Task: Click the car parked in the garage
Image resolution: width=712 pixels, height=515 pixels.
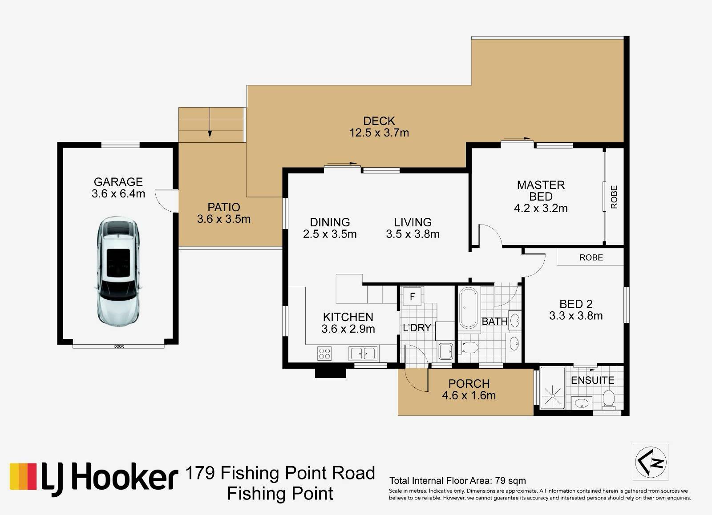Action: click(x=118, y=272)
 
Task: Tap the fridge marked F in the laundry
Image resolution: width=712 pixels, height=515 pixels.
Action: click(x=412, y=297)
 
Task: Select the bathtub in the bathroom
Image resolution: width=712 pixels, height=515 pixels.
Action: click(x=468, y=308)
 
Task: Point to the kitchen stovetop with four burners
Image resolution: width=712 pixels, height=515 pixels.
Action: click(x=324, y=353)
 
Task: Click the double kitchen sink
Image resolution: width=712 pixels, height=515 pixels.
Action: click(x=363, y=353)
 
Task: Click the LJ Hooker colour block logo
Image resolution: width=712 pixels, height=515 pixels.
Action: click(x=23, y=477)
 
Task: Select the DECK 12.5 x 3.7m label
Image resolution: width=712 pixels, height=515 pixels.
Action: click(x=379, y=126)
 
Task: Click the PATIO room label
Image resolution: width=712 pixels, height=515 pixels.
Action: click(x=224, y=207)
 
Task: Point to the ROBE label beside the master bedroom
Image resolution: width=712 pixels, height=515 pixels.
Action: click(x=614, y=197)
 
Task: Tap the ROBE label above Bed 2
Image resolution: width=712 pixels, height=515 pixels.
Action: click(x=591, y=257)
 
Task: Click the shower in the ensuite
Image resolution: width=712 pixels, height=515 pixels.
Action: click(x=552, y=388)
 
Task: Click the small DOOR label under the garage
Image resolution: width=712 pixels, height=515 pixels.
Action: click(x=119, y=346)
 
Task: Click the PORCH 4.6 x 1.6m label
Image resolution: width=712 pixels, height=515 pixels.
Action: click(x=469, y=390)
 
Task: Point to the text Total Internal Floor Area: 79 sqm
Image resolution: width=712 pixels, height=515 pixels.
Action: click(x=458, y=481)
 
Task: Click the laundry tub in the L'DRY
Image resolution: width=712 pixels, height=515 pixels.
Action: click(x=445, y=351)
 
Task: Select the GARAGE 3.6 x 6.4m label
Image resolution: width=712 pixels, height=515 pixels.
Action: click(x=118, y=187)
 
